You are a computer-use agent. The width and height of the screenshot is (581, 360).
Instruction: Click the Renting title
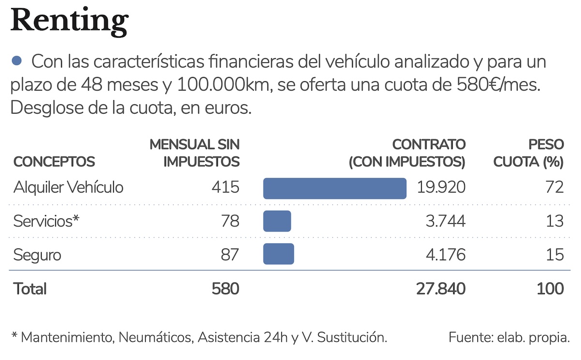pyautogui.click(x=69, y=20)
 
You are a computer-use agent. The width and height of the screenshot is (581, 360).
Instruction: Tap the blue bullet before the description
pyautogui.click(x=17, y=61)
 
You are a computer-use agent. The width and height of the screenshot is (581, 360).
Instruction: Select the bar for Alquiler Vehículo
pyautogui.click(x=335, y=188)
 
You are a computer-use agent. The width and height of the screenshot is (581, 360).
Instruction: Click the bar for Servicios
pyautogui.click(x=277, y=221)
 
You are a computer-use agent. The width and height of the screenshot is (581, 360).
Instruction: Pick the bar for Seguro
pyautogui.click(x=278, y=254)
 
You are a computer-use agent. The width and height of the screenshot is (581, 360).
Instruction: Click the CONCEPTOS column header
pyautogui.click(x=54, y=162)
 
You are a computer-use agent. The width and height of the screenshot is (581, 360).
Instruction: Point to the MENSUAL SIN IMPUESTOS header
pyautogui.click(x=195, y=153)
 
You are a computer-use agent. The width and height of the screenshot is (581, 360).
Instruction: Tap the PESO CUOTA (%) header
pyautogui.click(x=529, y=153)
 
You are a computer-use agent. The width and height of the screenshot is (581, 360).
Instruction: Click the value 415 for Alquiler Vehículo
pyautogui.click(x=225, y=188)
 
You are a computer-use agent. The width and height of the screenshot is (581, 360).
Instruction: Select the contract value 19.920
pyautogui.click(x=440, y=188)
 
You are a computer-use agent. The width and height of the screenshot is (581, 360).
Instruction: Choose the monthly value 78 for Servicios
pyautogui.click(x=230, y=221)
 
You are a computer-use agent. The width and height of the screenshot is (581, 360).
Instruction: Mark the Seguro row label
pyautogui.click(x=37, y=255)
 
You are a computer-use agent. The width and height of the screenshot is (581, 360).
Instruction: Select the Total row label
pyautogui.click(x=30, y=289)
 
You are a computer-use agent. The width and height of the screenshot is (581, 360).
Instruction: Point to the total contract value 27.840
pyautogui.click(x=441, y=289)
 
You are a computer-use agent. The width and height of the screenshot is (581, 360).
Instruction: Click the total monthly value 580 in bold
pyautogui.click(x=225, y=289)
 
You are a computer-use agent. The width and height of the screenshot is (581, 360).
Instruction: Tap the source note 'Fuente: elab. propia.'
pyautogui.click(x=509, y=337)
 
